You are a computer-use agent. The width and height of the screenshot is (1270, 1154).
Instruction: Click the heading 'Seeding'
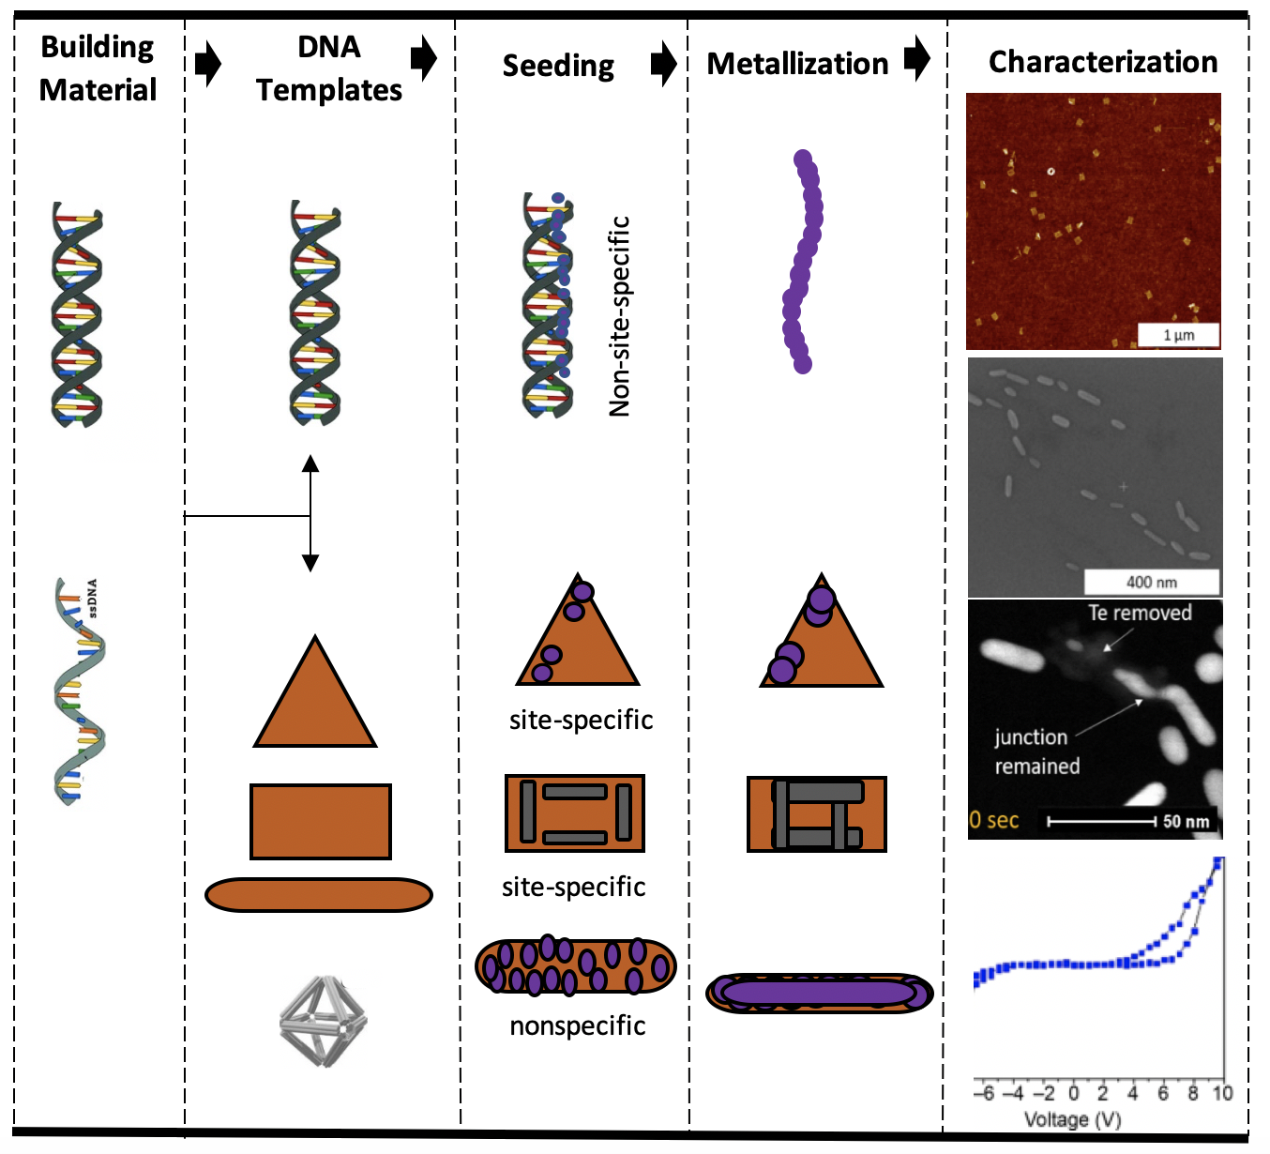point(558,66)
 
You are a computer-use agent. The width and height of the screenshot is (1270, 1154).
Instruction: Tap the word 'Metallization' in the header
point(797,64)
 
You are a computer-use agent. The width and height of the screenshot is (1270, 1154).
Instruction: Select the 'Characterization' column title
point(1103,62)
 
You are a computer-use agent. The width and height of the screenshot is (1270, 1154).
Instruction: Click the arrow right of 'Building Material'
point(207,64)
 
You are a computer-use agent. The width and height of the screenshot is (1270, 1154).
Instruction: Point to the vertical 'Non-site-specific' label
point(619,316)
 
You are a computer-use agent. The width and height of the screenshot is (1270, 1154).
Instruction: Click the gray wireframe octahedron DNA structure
point(323,1021)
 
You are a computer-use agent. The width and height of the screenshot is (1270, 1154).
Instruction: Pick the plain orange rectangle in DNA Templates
point(320,822)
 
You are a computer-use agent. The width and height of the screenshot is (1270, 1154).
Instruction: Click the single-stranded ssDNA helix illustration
point(80,692)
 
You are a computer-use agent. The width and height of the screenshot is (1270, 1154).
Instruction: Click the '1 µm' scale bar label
point(1179,335)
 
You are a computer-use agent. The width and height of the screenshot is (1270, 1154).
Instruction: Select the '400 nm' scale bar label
point(1151,582)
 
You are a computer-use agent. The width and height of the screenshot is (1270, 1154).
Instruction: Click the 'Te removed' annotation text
point(1140,613)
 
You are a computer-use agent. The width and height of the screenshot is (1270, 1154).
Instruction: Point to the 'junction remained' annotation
point(1036,752)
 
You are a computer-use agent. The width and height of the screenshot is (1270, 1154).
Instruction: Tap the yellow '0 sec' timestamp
point(994,820)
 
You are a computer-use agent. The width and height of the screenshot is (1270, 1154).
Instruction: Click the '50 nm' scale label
point(1186,822)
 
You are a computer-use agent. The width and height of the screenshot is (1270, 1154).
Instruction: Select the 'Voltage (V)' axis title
point(1072,1119)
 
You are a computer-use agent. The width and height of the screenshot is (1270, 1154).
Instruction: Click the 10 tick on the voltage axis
point(1221,1093)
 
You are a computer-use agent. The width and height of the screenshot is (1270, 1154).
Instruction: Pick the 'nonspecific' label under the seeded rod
point(577,1025)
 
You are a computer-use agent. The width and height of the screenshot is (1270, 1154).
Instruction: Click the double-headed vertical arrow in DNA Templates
point(310,514)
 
